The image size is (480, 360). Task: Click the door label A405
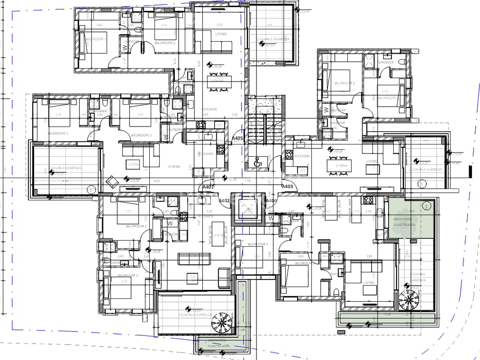tap(237, 138)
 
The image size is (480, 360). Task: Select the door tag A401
tap(208, 186)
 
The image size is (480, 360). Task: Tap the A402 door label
tap(224, 201)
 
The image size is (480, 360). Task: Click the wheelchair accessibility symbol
tap(258, 162)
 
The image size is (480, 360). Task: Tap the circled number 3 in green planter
tap(426, 206)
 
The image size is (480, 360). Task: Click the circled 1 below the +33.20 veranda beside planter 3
tap(421, 184)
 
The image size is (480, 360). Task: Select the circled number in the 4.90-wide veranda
tap(90, 190)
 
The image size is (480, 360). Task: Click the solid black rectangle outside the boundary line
tap(469, 171)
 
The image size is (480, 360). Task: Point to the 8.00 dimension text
tap(157, 181)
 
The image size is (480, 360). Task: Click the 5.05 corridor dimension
tap(248, 181)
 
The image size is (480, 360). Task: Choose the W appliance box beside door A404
tap(271, 217)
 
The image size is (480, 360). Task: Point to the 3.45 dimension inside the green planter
tap(412, 211)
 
